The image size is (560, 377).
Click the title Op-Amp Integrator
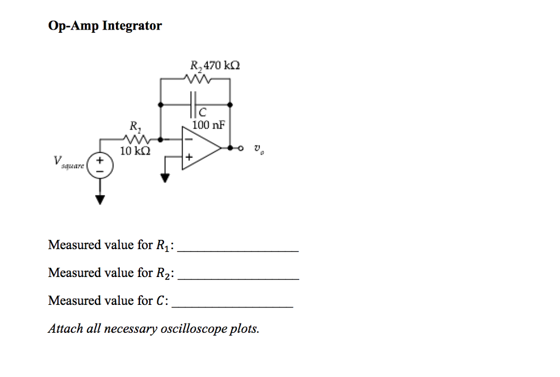click(x=104, y=26)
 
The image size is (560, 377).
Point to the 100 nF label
click(x=208, y=125)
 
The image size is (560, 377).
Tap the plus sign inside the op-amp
click(x=189, y=157)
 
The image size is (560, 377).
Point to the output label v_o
click(x=258, y=148)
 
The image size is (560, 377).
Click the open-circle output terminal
click(x=240, y=148)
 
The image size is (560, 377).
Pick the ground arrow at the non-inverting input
click(x=164, y=177)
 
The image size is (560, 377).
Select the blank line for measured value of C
click(x=232, y=306)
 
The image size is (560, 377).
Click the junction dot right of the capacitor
click(x=230, y=103)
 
